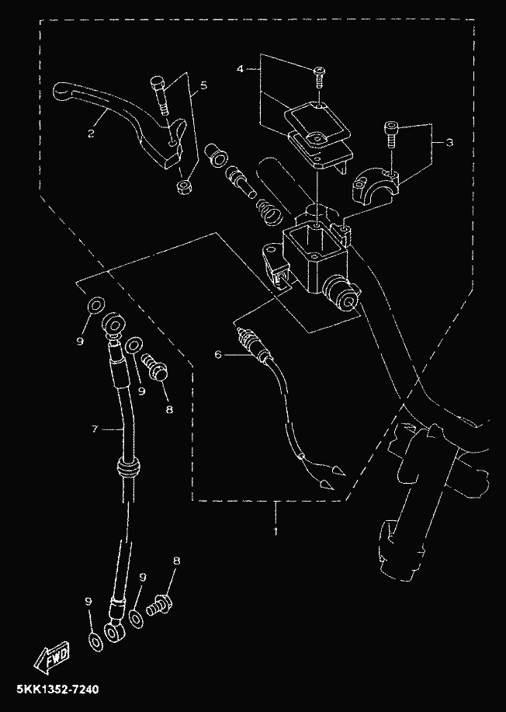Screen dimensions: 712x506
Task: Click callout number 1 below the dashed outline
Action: click(x=274, y=531)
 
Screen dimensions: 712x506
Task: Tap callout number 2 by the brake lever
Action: click(x=91, y=133)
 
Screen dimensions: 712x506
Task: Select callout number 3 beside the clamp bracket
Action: click(x=449, y=143)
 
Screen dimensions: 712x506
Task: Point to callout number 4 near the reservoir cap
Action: click(x=241, y=69)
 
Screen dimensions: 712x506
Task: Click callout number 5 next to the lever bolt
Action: click(x=203, y=85)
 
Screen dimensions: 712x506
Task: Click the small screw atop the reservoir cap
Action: click(x=319, y=76)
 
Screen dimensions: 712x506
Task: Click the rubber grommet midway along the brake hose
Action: click(x=126, y=468)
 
